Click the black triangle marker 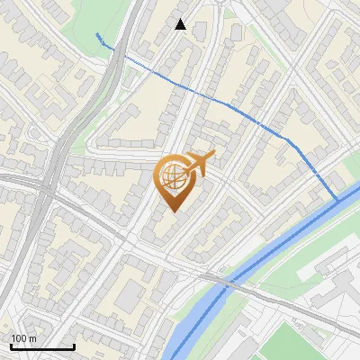181,24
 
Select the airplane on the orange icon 202,163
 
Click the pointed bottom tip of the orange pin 174,211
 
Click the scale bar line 41,346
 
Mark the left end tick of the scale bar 10,345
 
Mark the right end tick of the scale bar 73,345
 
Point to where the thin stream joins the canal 337,199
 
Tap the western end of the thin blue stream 96,34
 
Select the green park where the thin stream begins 90,22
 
